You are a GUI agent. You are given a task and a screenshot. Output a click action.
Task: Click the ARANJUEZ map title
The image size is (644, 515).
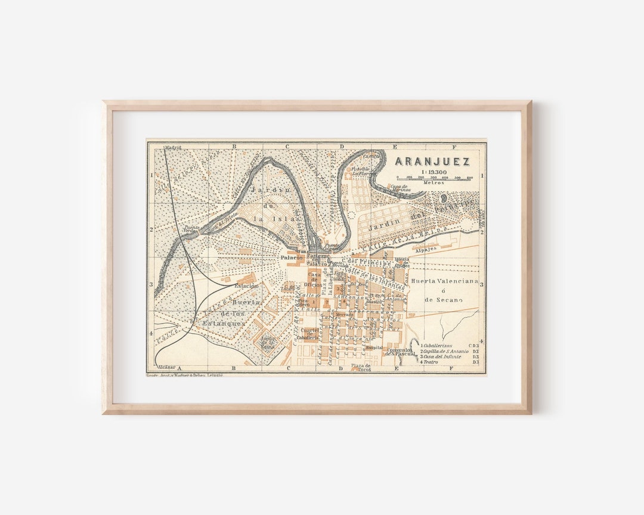[x=432, y=162]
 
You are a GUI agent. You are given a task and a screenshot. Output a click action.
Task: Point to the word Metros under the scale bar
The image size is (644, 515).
[x=434, y=182]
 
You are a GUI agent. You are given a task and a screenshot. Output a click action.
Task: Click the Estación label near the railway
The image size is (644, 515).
[x=246, y=286]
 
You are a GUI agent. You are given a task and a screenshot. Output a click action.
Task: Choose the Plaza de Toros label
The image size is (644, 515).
[x=361, y=367]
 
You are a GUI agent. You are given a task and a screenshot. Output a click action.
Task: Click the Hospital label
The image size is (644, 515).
[x=374, y=347]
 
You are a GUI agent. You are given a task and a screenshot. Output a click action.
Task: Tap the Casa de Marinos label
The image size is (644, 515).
[x=399, y=187]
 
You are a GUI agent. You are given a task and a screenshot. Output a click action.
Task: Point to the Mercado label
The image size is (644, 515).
[x=344, y=314]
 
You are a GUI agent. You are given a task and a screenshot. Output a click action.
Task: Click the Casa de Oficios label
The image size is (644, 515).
[x=313, y=278]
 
